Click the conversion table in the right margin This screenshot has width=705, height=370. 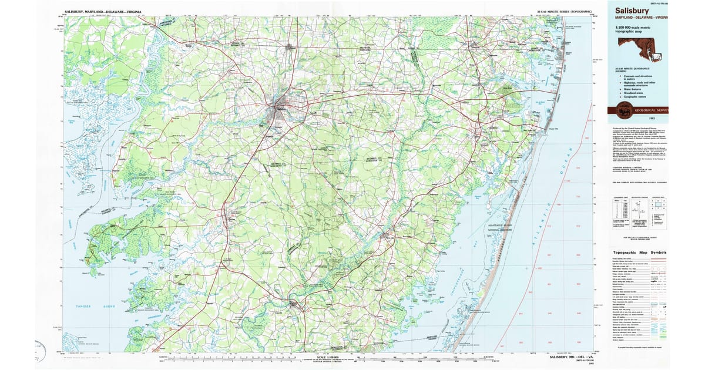tap(620, 208)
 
